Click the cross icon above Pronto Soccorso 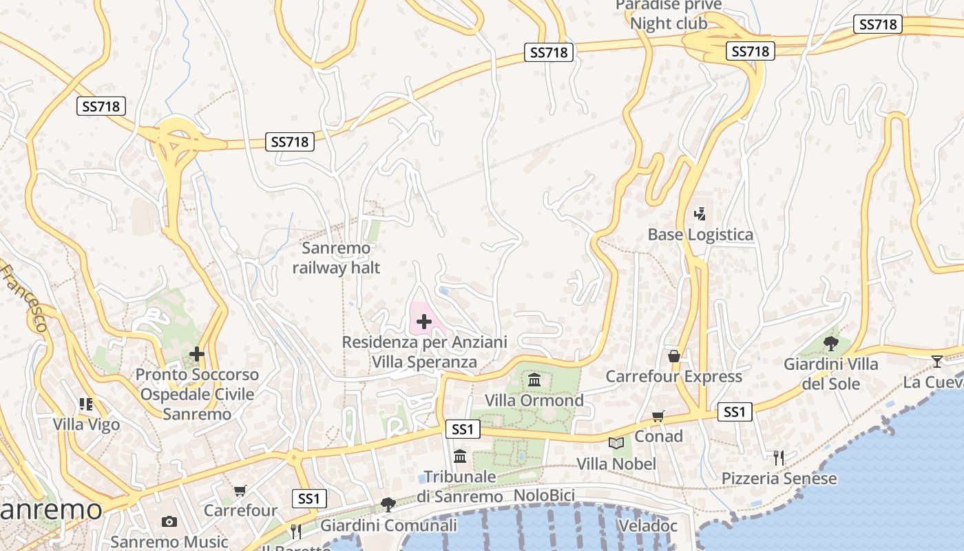(197, 354)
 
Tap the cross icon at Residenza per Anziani (424, 321)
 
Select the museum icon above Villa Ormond (534, 380)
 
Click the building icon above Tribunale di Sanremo (460, 456)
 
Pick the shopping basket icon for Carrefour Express (674, 356)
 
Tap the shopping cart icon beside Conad (658, 416)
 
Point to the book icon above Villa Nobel (616, 443)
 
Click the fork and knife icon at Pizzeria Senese (779, 457)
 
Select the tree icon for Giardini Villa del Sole (831, 343)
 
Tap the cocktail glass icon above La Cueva (936, 361)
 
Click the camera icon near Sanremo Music (169, 521)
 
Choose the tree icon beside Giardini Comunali (388, 505)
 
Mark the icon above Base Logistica (700, 214)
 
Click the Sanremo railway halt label (336, 258)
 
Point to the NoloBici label (544, 495)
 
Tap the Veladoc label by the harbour (647, 526)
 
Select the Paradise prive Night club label (669, 14)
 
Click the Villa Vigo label (87, 424)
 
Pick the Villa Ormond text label (534, 400)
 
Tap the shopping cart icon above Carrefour (240, 490)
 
